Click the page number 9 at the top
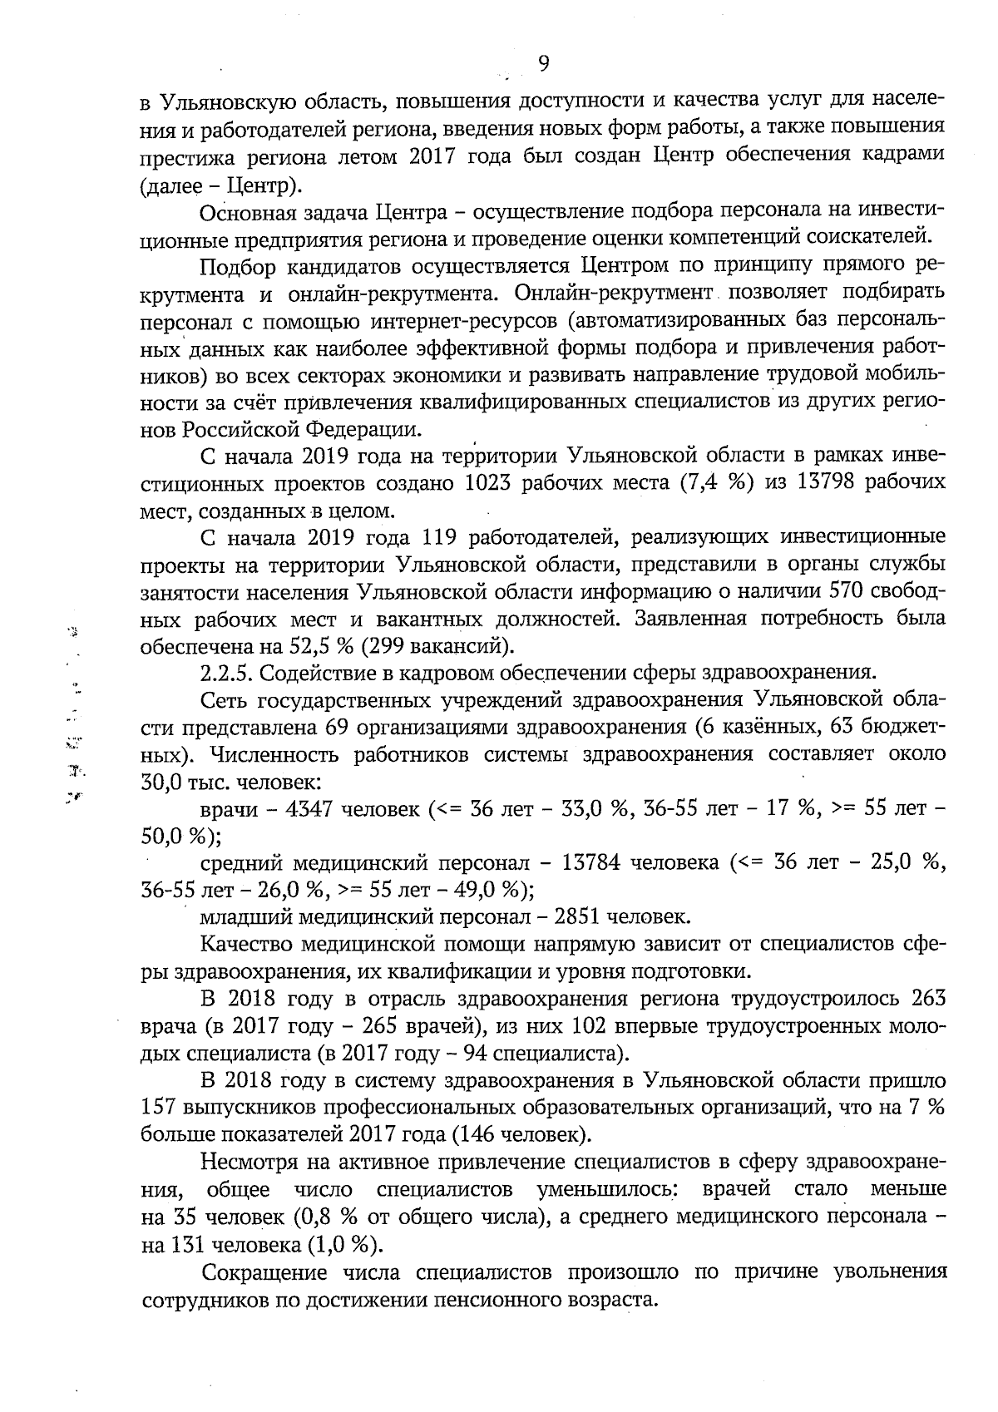pos(543,64)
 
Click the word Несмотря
pos(249,1161)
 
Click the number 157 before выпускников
pos(159,1108)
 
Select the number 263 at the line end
pos(928,998)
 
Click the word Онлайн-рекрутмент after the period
pos(615,293)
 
